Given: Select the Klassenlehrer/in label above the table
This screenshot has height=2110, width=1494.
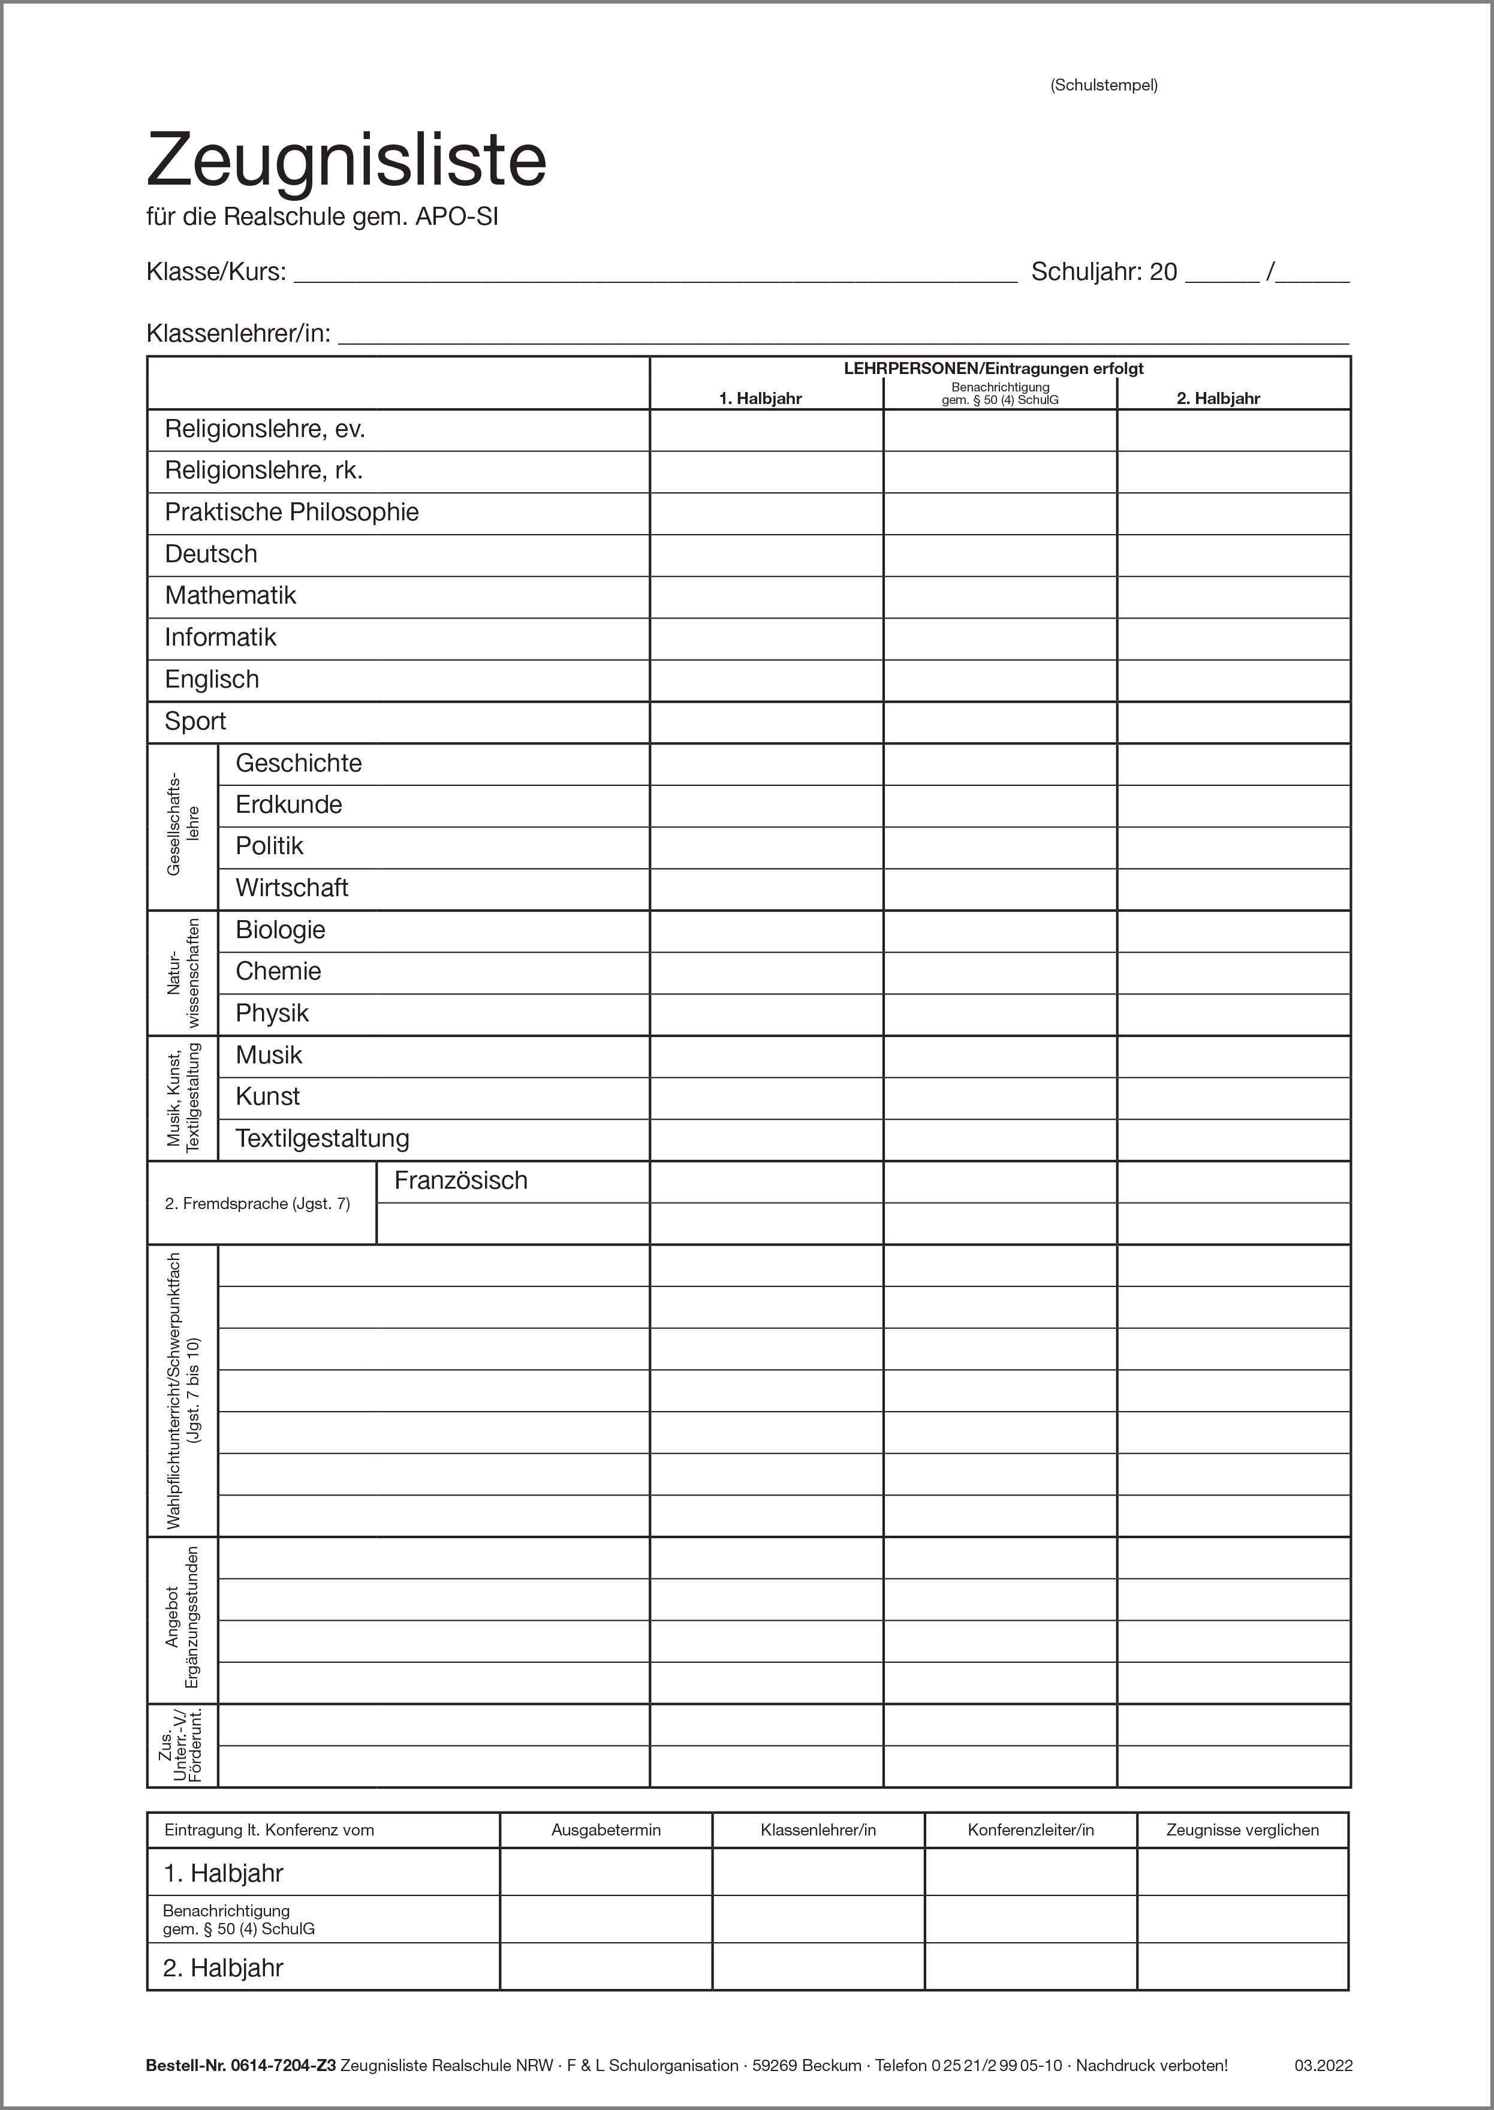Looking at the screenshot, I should [238, 333].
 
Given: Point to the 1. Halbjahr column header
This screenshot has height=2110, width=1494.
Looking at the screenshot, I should [760, 398].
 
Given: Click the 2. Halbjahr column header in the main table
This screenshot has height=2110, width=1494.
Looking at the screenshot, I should [1218, 398].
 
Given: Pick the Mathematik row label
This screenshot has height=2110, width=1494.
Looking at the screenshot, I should [230, 596].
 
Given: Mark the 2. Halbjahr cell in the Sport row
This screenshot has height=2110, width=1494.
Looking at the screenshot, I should [1233, 722].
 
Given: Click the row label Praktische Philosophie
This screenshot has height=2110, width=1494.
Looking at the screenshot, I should [291, 513].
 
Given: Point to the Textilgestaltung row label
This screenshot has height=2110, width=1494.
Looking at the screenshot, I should [322, 1139].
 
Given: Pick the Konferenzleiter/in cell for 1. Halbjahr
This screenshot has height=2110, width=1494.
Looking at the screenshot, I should [1031, 1873].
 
